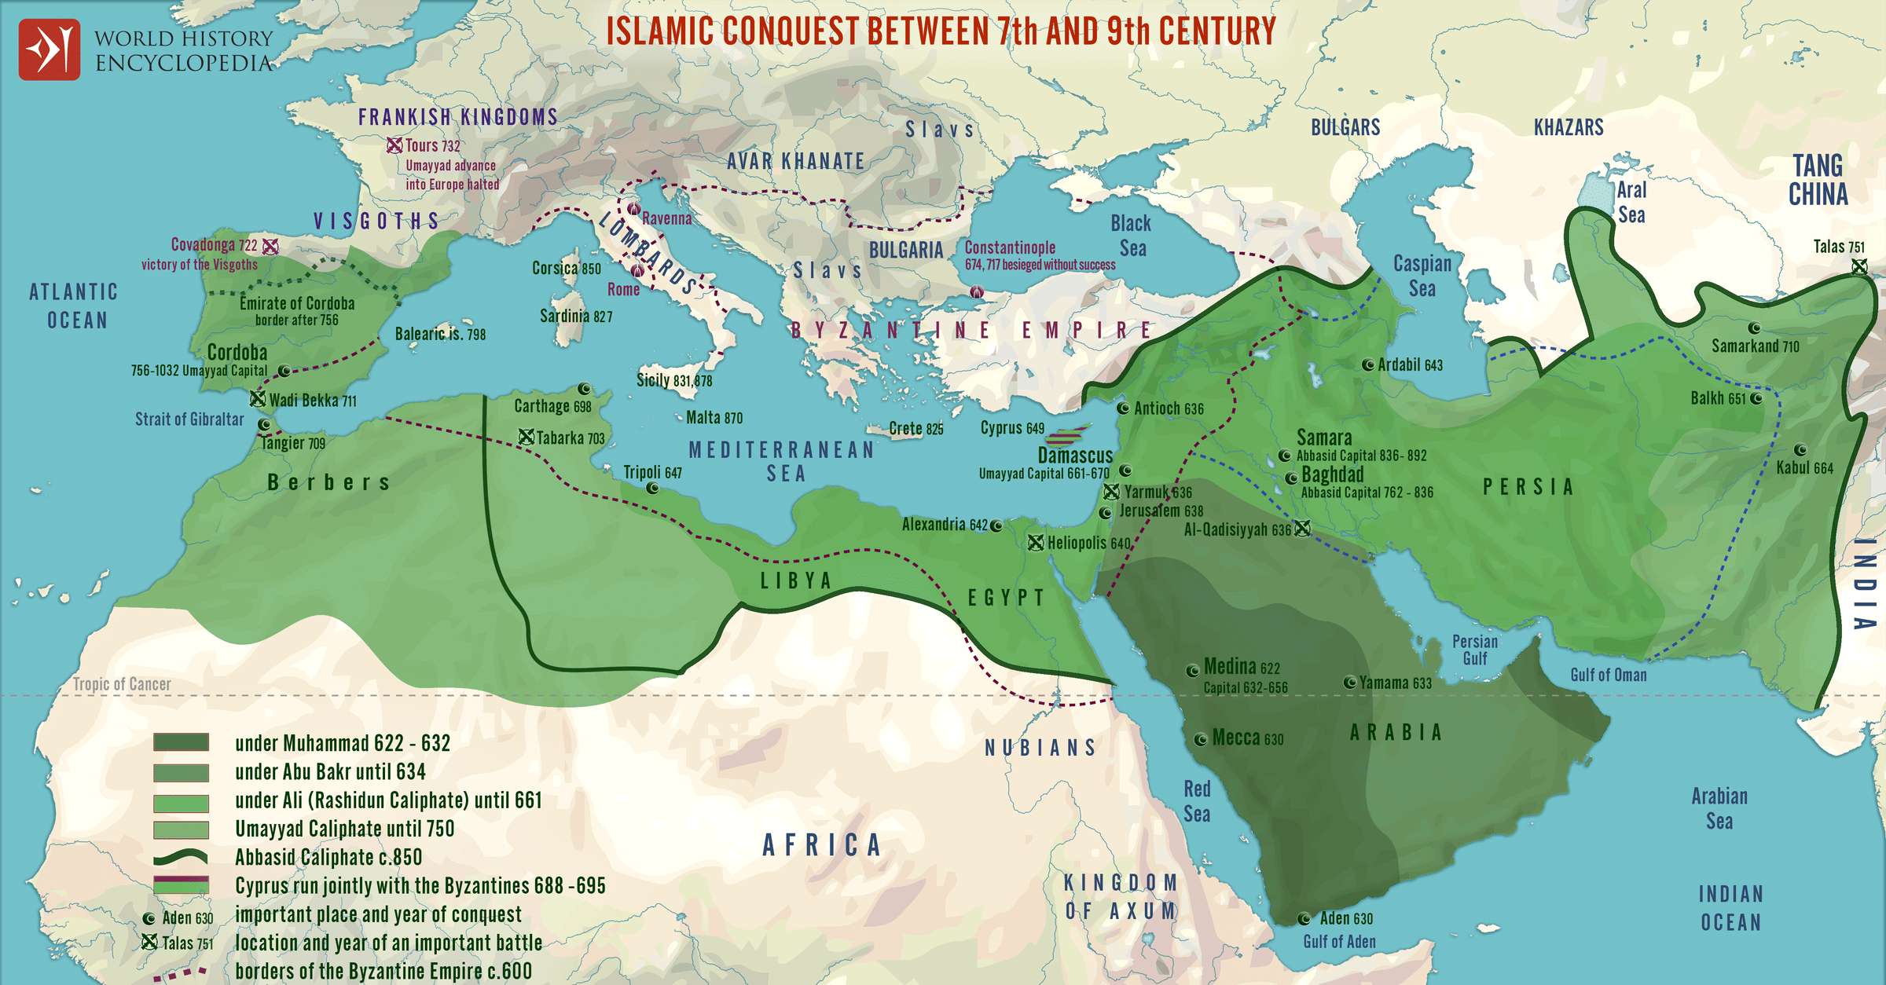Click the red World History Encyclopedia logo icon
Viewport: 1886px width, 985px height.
point(49,49)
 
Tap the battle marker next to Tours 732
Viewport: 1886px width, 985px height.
point(394,145)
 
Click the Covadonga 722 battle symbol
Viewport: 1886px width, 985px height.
point(270,247)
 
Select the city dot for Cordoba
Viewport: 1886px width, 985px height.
point(284,371)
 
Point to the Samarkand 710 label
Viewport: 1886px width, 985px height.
point(1755,346)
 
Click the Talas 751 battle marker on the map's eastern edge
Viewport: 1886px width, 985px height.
point(1859,266)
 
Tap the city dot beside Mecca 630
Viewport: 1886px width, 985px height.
point(1200,739)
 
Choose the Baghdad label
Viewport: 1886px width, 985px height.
point(1333,474)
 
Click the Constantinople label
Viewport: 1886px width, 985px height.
point(1010,247)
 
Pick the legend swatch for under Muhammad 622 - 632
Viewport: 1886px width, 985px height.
point(181,742)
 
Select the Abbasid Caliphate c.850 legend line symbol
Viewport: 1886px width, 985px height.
point(181,857)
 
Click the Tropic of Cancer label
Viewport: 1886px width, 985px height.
point(122,684)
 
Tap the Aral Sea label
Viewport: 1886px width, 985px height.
point(1631,202)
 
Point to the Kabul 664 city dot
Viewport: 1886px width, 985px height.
point(1800,450)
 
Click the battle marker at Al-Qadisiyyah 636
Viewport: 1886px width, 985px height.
point(1302,529)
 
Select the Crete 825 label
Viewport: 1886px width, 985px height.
point(915,429)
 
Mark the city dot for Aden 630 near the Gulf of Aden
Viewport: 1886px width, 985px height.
point(1304,918)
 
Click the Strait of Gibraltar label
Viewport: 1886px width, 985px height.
point(189,419)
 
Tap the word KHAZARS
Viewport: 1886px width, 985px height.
point(1569,127)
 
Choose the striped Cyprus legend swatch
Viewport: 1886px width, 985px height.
point(181,885)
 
